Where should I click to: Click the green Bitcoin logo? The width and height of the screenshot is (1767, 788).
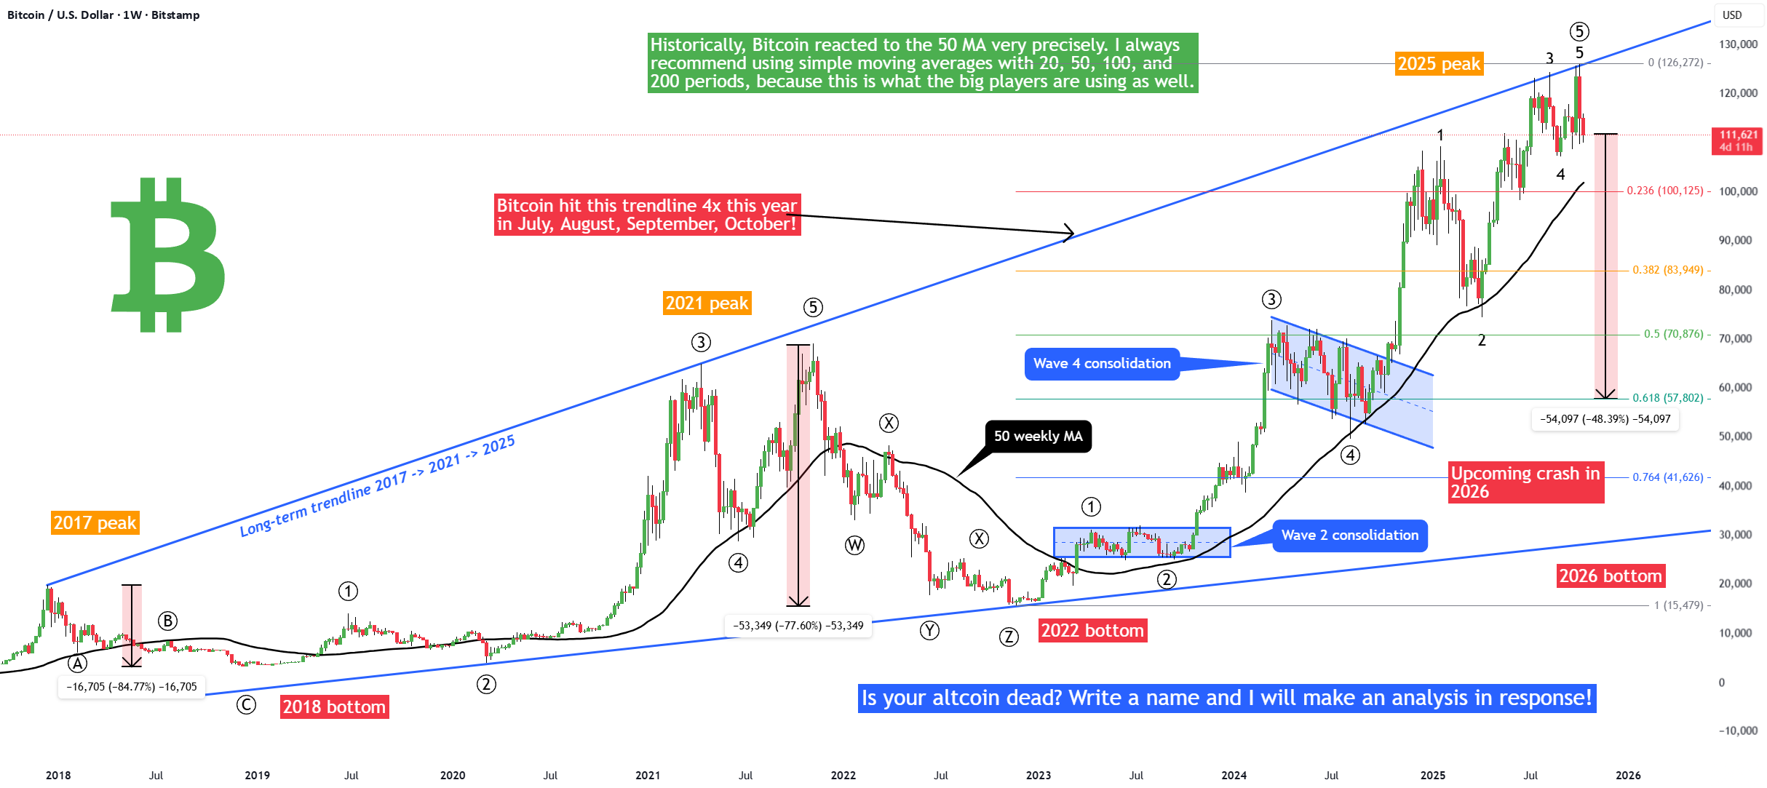pos(168,255)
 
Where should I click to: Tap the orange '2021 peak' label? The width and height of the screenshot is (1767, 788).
pos(707,303)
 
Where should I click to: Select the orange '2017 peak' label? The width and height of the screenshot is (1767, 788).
pos(95,522)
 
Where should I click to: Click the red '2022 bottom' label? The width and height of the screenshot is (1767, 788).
pos(1092,630)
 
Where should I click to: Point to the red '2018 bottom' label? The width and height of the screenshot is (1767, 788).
pos(334,707)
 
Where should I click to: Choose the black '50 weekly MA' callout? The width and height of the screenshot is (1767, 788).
pos(1038,436)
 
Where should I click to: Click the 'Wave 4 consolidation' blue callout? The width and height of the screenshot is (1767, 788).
pos(1102,364)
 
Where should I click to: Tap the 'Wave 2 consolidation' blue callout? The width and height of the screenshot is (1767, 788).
pos(1349,536)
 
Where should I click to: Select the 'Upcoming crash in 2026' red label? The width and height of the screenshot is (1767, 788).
pos(1525,482)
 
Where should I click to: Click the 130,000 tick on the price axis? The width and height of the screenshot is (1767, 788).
pos(1738,44)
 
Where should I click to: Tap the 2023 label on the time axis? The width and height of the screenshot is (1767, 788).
pos(1038,775)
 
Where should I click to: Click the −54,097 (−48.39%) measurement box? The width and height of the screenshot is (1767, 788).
pos(1605,419)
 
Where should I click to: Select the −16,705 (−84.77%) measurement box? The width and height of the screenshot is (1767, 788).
pos(132,687)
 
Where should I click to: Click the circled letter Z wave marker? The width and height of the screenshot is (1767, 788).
pos(1008,637)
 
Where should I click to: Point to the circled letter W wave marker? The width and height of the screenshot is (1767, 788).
pos(854,545)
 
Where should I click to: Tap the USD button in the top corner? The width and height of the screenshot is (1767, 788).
pos(1732,15)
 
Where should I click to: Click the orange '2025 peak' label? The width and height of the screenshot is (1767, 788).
pos(1439,64)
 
